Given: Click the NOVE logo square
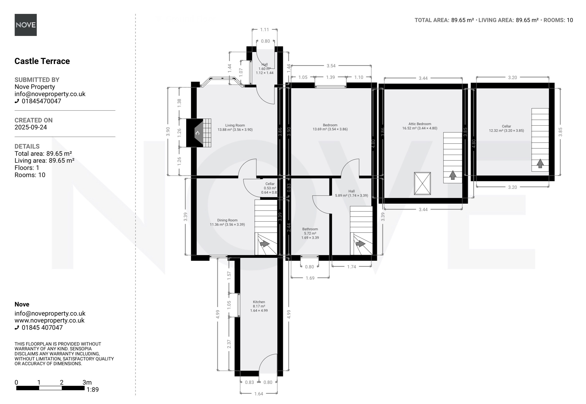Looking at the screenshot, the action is [x=26, y=25].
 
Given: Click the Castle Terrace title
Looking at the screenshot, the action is [x=42, y=61].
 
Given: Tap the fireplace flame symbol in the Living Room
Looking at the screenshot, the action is [x=197, y=133].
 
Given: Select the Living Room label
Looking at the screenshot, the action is [x=235, y=125].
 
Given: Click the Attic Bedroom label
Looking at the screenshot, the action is [x=420, y=124].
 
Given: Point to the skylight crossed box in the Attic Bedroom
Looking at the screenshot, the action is [x=422, y=184].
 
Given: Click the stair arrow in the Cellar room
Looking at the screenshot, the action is [x=540, y=163].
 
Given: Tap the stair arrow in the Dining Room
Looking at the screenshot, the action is [x=265, y=244].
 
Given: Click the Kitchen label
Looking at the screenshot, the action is [x=259, y=302].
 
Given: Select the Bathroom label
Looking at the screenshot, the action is [x=310, y=229].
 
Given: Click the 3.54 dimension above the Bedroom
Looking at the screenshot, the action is [x=331, y=66].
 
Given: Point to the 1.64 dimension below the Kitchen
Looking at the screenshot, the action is [x=259, y=394].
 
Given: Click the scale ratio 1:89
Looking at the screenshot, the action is [x=93, y=390].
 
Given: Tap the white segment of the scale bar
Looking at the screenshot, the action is [x=50, y=388].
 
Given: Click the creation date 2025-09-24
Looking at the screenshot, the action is [x=31, y=127].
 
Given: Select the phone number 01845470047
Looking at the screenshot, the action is [x=41, y=101].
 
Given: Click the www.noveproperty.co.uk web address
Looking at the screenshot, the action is [x=50, y=320].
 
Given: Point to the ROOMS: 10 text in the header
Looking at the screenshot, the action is [x=558, y=20].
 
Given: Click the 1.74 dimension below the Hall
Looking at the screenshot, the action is [x=352, y=266].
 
